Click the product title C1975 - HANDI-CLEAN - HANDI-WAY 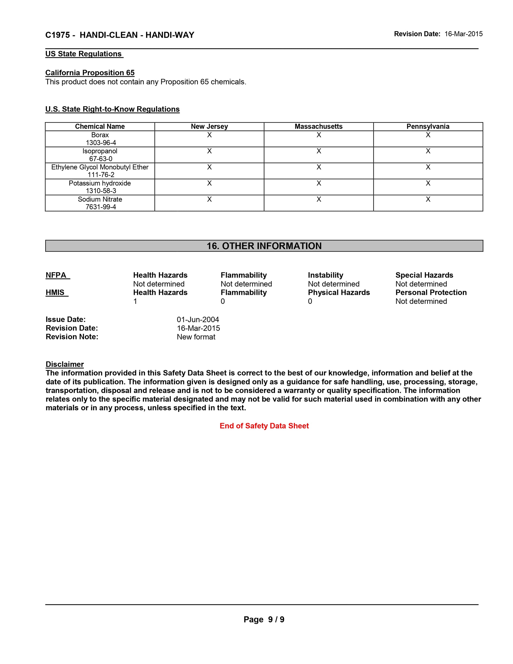pyautogui.click(x=119, y=35)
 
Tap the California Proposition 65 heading pyautogui.click(x=90, y=73)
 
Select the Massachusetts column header pyautogui.click(x=318, y=127)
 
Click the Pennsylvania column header pyautogui.click(x=428, y=127)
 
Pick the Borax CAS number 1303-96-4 pyautogui.click(x=101, y=143)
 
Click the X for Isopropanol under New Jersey pyautogui.click(x=209, y=151)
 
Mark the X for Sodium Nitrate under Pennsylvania pyautogui.click(x=428, y=199)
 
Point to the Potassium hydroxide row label pyautogui.click(x=100, y=183)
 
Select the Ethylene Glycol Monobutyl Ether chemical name pyautogui.click(x=100, y=167)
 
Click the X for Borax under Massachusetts pyautogui.click(x=318, y=135)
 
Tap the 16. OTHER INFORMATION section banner pyautogui.click(x=264, y=246)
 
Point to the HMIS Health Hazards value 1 pyautogui.click(x=135, y=301)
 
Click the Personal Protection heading pyautogui.click(x=431, y=292)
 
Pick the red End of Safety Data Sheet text pyautogui.click(x=264, y=426)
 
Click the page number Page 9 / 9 pyautogui.click(x=264, y=619)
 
